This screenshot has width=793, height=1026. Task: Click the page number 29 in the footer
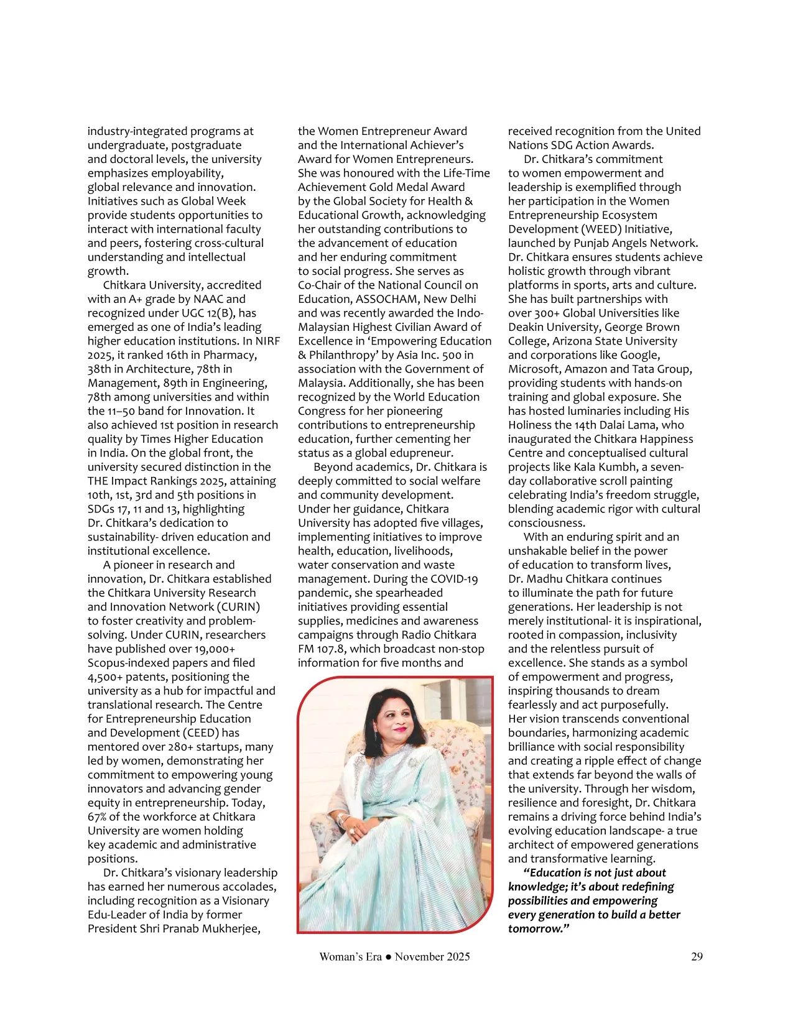coord(697,957)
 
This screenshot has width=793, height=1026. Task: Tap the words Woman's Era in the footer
coord(350,957)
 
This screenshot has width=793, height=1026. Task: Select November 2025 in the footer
coord(432,957)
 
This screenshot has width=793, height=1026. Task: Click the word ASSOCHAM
coord(387,299)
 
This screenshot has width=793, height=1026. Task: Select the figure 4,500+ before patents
coord(104,677)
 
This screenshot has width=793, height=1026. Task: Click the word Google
coord(640,355)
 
